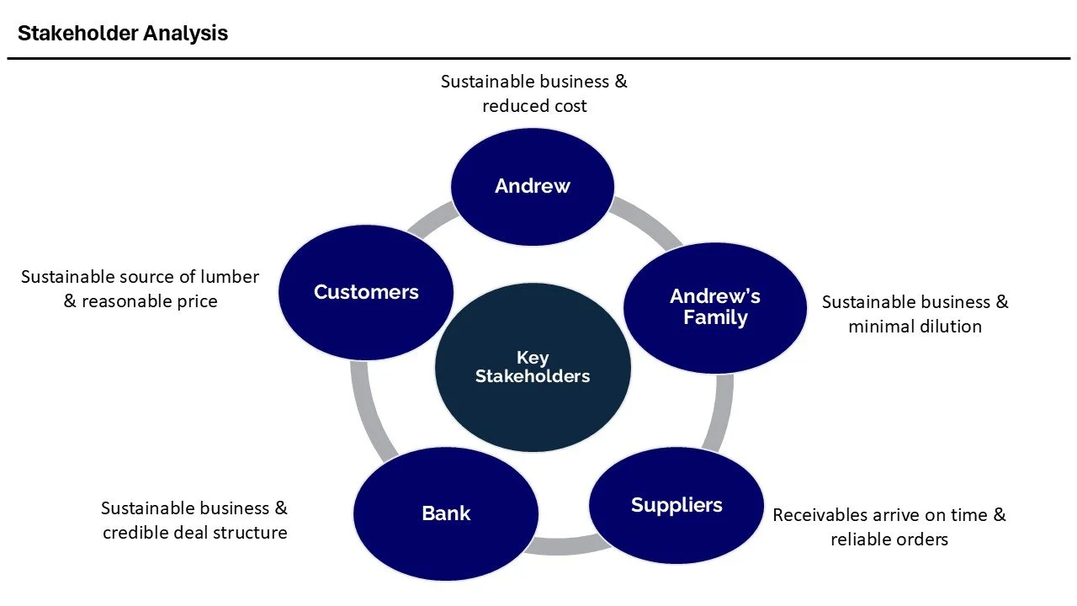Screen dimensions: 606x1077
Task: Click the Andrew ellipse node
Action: [x=533, y=187]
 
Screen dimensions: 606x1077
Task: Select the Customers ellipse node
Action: [x=366, y=293]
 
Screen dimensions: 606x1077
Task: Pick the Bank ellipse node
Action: [x=446, y=513]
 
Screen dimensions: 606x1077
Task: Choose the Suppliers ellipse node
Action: [x=676, y=505]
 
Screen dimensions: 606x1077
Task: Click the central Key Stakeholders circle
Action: [x=533, y=368]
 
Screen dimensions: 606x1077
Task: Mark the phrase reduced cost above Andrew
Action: [x=534, y=106]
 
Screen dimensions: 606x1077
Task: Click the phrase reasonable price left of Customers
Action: [x=149, y=301]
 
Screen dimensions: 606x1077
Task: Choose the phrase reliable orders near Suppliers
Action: [x=889, y=540]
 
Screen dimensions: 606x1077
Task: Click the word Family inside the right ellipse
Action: [x=715, y=318]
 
